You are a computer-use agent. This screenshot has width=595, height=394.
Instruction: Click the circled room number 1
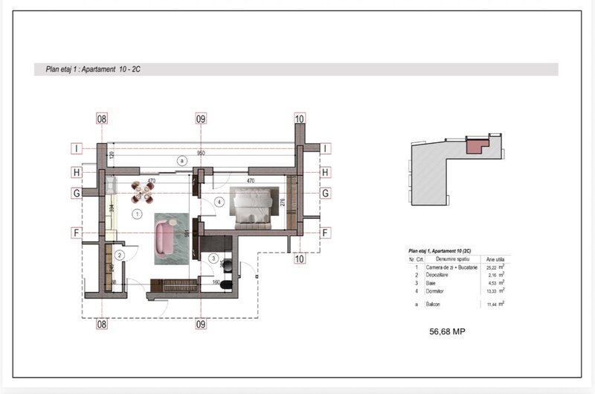pyautogui.click(x=136, y=214)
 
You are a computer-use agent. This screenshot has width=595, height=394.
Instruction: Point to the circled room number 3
pyautogui.click(x=213, y=258)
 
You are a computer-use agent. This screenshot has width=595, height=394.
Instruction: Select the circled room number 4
pyautogui.click(x=219, y=202)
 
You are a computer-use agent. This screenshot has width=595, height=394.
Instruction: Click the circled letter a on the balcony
pyautogui.click(x=181, y=160)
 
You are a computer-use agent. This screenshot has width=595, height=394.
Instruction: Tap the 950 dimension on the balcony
pyautogui.click(x=201, y=153)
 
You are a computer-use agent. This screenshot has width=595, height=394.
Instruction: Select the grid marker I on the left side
pyautogui.click(x=76, y=147)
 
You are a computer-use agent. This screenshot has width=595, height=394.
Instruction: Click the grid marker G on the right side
pyautogui.click(x=325, y=193)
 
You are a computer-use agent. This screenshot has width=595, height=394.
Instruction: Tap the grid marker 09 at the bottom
pyautogui.click(x=200, y=324)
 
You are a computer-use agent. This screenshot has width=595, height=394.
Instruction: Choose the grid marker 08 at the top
pyautogui.click(x=102, y=118)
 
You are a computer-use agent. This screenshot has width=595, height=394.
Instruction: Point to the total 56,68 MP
pyautogui.click(x=447, y=331)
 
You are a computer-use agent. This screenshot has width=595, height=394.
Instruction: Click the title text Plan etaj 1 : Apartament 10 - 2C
pyautogui.click(x=94, y=69)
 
